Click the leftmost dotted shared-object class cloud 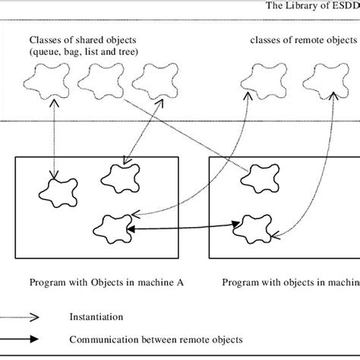click(43, 78)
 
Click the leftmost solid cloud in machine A click(57, 190)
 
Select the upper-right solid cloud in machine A click(118, 176)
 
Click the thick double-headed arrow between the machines click(182, 226)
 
